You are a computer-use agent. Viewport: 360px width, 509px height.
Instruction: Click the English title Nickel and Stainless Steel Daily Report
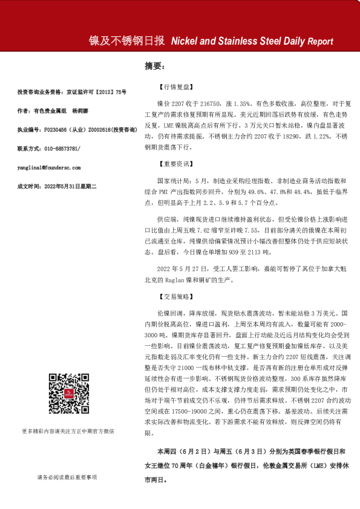coord(252,42)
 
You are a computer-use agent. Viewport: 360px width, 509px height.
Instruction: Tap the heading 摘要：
coord(154,65)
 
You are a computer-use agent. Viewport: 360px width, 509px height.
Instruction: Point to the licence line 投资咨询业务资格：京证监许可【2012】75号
coord(72,92)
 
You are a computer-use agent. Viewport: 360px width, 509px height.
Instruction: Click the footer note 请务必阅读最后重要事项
coord(67,478)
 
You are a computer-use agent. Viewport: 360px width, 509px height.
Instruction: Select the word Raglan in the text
coord(191,280)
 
